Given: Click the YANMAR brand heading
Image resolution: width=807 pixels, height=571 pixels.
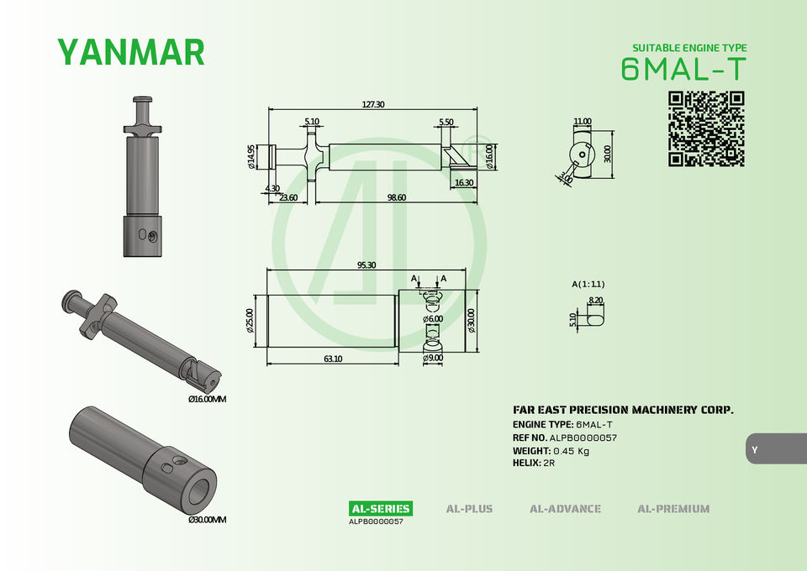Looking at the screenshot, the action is [x=131, y=52].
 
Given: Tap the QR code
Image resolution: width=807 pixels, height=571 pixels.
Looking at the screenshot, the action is [x=706, y=129].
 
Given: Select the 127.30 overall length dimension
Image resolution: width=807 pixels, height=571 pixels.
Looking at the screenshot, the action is [x=373, y=104].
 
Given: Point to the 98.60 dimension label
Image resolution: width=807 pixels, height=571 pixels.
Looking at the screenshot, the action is [x=396, y=197].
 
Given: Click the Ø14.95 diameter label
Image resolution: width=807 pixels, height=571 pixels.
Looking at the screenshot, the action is [x=251, y=157].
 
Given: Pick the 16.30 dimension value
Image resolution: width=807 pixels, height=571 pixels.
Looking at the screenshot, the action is [x=464, y=182].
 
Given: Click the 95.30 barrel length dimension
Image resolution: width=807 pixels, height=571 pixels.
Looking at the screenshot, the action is [x=367, y=265].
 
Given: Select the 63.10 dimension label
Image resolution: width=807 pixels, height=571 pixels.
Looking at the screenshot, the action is [x=333, y=359].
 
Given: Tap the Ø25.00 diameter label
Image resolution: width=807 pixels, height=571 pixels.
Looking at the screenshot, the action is [x=251, y=321].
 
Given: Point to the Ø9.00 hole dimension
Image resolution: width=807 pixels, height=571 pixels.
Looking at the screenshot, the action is [x=433, y=358].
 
